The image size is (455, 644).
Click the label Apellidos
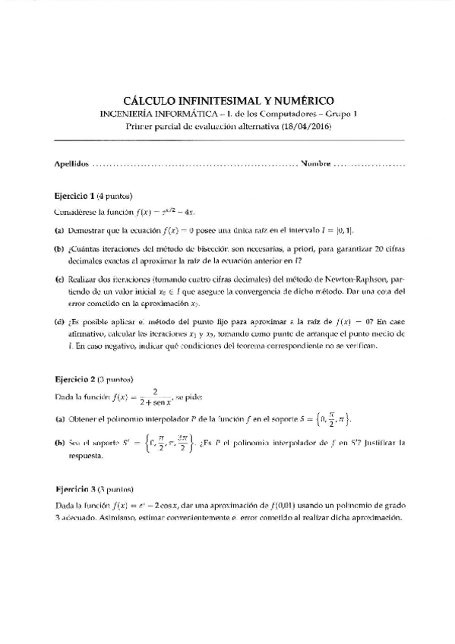point(71,163)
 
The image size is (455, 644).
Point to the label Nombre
point(315,163)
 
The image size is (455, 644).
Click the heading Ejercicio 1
point(74,195)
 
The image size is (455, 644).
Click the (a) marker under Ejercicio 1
point(58,229)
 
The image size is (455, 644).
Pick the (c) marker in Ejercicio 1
point(58,279)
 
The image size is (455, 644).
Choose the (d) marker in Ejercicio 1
point(58,321)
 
